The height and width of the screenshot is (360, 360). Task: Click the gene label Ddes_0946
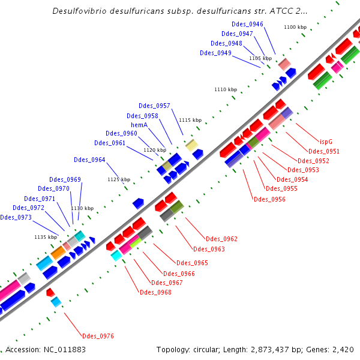pyautogui.click(x=247, y=24)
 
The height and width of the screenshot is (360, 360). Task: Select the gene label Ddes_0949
pyautogui.click(x=215, y=53)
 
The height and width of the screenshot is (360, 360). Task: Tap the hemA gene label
pyautogui.click(x=139, y=125)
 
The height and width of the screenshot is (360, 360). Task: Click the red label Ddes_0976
pyautogui.click(x=98, y=336)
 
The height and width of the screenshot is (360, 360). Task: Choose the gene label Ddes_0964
pyautogui.click(x=89, y=160)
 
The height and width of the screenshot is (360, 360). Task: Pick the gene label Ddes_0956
pyautogui.click(x=269, y=199)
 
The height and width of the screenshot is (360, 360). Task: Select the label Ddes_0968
pyautogui.click(x=155, y=292)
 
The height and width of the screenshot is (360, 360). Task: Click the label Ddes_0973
pyautogui.click(x=16, y=217)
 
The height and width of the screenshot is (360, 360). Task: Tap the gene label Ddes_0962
pyautogui.click(x=221, y=239)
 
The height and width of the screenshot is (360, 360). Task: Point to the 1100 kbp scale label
pyautogui.click(x=295, y=27)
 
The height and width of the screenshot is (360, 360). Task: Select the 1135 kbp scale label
pyautogui.click(x=45, y=237)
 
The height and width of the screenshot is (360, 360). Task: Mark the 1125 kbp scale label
pyautogui.click(x=118, y=179)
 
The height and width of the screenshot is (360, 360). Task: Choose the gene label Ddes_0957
pyautogui.click(x=154, y=106)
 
